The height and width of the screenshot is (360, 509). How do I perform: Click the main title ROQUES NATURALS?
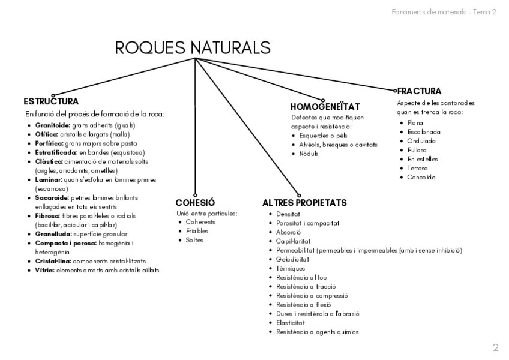point(192,47)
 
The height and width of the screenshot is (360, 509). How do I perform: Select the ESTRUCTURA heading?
point(51,101)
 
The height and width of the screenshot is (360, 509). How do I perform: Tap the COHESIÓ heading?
point(195,202)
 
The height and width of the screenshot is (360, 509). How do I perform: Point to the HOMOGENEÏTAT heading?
point(324,106)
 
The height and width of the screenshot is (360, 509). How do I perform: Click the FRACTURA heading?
point(419,91)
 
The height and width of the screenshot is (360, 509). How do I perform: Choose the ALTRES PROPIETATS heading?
point(304,203)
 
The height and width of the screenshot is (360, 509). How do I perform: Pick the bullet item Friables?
point(197,231)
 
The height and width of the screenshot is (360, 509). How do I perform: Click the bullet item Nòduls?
point(309,154)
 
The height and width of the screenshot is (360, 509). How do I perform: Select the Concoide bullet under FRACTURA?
point(421,177)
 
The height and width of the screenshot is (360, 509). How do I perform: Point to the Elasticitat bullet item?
point(291,322)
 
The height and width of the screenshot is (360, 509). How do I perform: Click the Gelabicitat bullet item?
point(292,259)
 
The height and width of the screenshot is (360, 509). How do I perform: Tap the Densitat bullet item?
point(288,214)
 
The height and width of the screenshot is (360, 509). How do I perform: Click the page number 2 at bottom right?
point(495,347)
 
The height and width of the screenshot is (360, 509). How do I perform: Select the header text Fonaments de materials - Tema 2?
point(443,12)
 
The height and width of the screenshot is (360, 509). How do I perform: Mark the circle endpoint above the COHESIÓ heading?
point(195,187)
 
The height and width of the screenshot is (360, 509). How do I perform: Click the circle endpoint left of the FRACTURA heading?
point(395,91)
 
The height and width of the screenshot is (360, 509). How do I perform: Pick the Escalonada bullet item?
point(423,131)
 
